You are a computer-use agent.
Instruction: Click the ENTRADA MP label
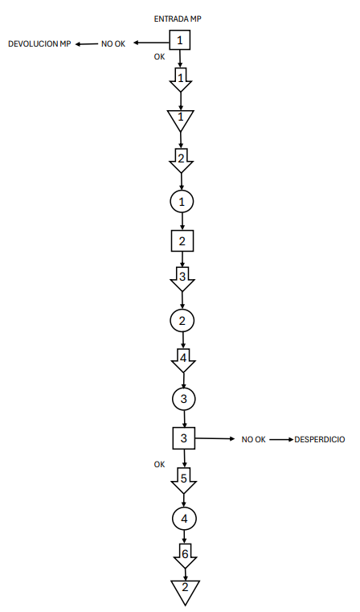(178, 18)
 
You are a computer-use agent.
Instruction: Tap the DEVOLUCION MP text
(39, 43)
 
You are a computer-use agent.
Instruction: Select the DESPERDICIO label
(320, 439)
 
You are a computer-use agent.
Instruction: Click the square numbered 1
(180, 40)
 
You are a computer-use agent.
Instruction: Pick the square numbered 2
(182, 240)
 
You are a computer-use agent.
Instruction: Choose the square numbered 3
(184, 438)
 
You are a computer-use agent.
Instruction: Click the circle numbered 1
(182, 201)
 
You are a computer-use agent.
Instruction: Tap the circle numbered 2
(182, 320)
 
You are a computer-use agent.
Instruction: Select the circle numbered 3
(184, 399)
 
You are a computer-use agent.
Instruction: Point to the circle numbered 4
(184, 519)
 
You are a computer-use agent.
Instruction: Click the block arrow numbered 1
(180, 80)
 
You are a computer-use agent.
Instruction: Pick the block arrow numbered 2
(182, 160)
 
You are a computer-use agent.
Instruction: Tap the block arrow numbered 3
(182, 279)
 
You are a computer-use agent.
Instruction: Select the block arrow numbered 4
(183, 360)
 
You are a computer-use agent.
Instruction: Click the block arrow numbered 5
(184, 480)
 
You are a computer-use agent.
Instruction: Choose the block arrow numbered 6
(185, 556)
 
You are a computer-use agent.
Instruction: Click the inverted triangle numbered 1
(180, 119)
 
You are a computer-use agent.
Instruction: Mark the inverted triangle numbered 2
(186, 590)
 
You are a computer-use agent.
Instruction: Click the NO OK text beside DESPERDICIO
(253, 439)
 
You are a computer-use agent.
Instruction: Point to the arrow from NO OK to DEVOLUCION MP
(87, 44)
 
